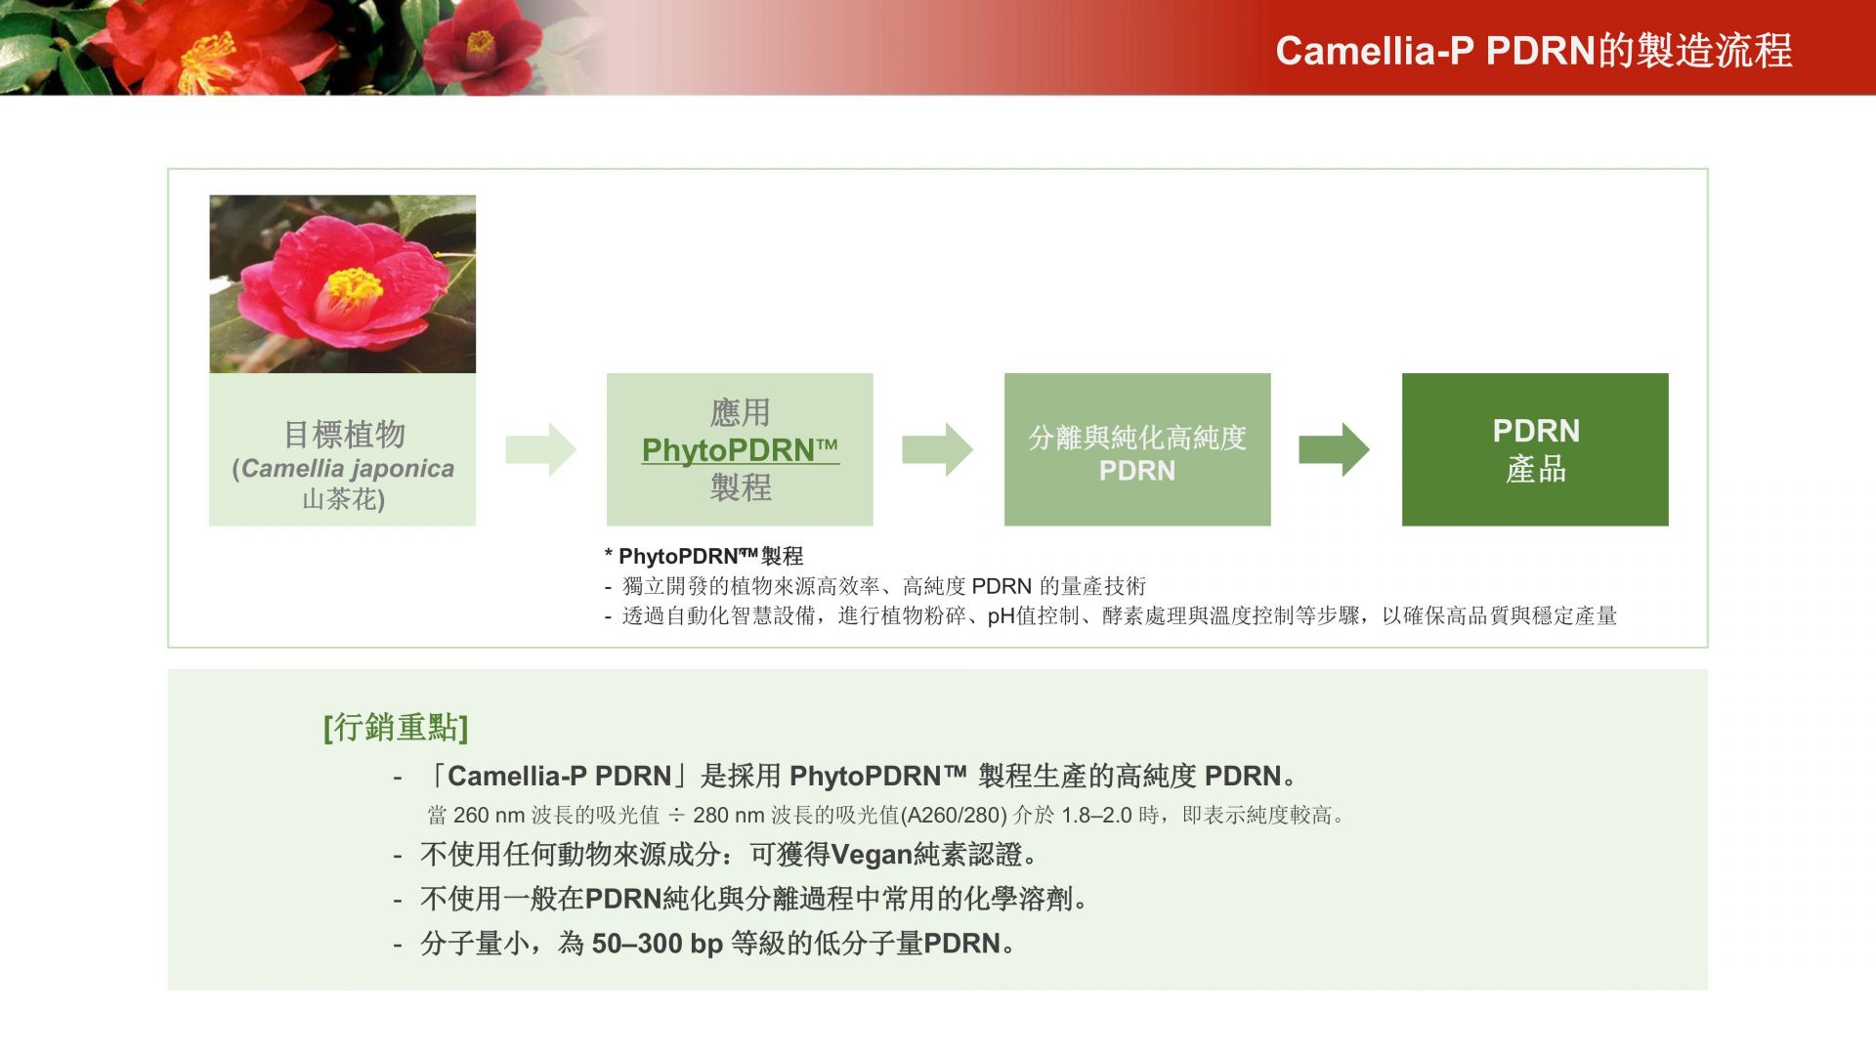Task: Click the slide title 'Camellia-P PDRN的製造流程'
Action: coord(1533,51)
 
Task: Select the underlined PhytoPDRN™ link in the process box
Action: coord(740,450)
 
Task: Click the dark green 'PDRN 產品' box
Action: coord(1535,449)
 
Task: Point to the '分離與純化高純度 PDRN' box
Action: coord(1137,449)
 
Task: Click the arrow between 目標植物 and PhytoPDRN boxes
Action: coord(540,449)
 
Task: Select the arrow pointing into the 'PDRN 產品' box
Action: coord(1334,449)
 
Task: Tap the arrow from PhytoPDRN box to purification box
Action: coord(937,449)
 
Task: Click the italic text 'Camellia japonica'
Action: coord(348,469)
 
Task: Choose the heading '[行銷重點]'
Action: coord(396,728)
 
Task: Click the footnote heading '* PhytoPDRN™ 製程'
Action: coord(703,556)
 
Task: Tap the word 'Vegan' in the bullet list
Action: coord(872,856)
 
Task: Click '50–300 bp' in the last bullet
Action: coord(658,944)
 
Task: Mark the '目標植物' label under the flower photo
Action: coord(344,434)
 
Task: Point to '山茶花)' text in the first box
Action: coord(344,500)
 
